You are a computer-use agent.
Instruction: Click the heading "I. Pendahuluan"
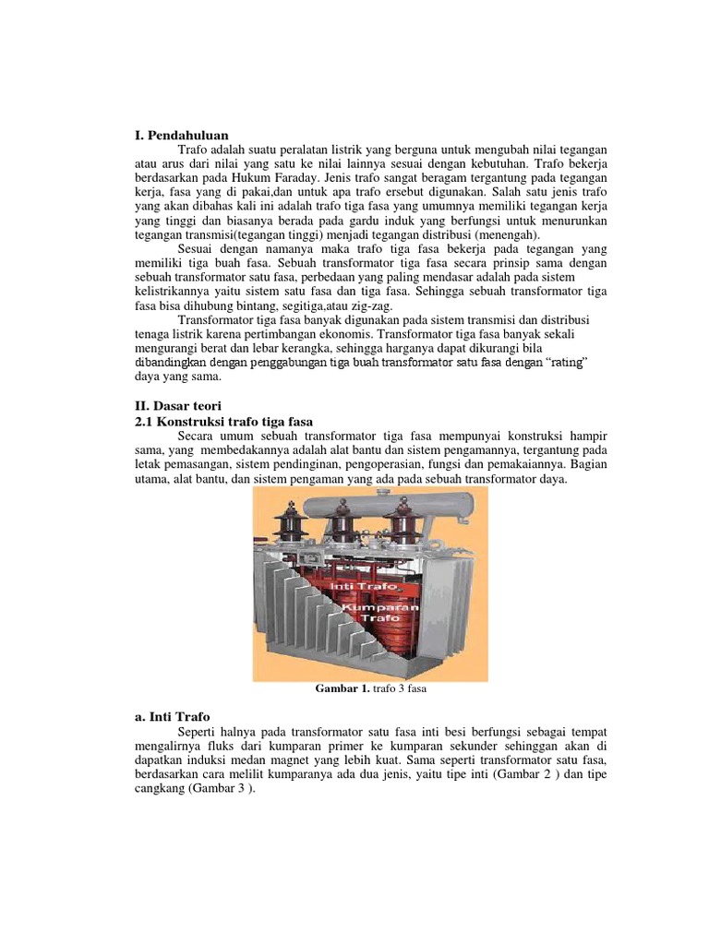pyautogui.click(x=181, y=136)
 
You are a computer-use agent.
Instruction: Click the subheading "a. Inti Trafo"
pyautogui.click(x=173, y=716)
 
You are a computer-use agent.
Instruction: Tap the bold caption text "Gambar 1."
pyautogui.click(x=341, y=688)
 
